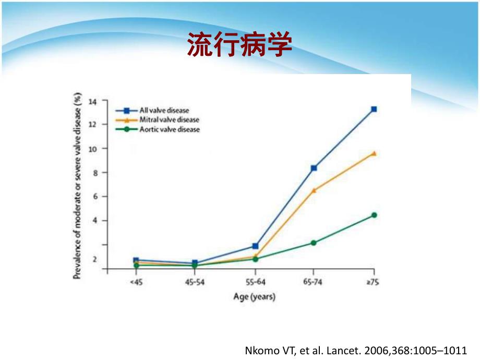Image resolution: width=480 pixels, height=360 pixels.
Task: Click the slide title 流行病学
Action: pos(239,45)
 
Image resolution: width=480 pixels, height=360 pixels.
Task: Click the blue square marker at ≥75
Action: pos(374,110)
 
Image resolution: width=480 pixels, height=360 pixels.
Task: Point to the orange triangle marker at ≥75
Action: pos(374,153)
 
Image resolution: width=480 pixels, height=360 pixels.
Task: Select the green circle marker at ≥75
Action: pos(374,215)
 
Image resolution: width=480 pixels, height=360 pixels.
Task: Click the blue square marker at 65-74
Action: pos(314,168)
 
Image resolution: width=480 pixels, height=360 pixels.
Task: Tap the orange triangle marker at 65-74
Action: pos(314,190)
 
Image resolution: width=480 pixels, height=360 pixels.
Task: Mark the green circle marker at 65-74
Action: pos(314,243)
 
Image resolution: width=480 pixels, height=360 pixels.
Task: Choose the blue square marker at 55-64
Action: pos(255,246)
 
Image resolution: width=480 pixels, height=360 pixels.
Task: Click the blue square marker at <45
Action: pos(136,260)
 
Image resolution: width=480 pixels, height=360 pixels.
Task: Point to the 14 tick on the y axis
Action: pos(94,100)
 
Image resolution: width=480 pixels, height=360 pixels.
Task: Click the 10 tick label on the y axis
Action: pos(94,149)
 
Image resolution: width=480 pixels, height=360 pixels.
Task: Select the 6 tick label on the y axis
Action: pos(95,197)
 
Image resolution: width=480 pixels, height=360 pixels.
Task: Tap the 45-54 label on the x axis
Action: pos(194,282)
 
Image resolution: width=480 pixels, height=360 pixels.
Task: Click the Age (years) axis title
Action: pos(254,297)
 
